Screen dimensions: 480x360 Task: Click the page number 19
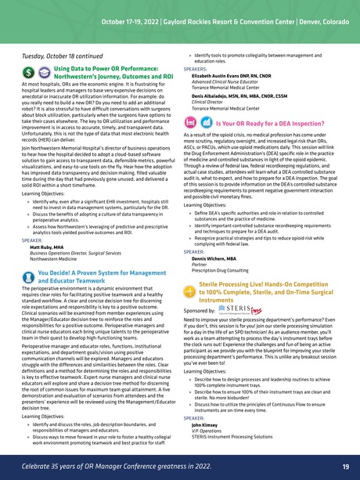pos(344,467)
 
